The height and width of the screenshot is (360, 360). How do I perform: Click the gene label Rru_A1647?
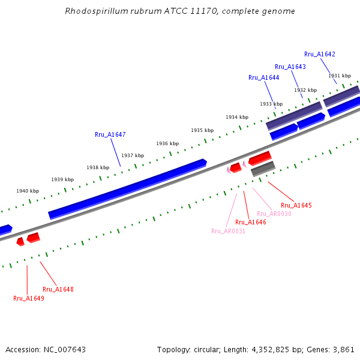coord(110,134)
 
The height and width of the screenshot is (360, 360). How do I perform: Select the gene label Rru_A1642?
coord(319,54)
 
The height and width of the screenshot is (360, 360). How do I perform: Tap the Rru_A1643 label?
coord(290,67)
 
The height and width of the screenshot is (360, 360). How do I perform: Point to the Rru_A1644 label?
coord(263,77)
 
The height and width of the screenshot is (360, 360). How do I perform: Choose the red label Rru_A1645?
coord(296,205)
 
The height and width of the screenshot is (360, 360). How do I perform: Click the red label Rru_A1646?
coord(251,222)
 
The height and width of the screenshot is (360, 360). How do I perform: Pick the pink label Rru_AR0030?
coord(274,214)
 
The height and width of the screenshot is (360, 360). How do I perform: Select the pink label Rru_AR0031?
coord(228,231)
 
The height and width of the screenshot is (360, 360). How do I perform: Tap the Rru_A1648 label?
coord(58,289)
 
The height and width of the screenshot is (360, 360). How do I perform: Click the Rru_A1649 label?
coord(29,298)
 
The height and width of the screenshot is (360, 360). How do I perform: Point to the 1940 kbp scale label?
coord(28,191)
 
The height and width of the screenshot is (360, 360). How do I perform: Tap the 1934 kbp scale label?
coord(237,117)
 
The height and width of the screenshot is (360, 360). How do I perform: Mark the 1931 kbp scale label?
coord(339,76)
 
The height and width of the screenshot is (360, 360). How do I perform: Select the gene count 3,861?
coord(343,349)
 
